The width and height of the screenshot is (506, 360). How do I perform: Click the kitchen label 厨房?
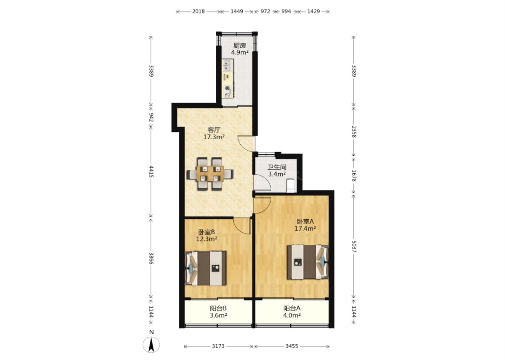pyautogui.click(x=239, y=46)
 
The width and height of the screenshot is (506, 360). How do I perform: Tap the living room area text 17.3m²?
pyautogui.click(x=214, y=137)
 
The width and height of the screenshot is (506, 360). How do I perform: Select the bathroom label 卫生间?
pyautogui.click(x=277, y=167)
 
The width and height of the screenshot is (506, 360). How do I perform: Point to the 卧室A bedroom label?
pyautogui.click(x=305, y=221)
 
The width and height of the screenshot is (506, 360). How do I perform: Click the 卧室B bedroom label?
pyautogui.click(x=207, y=232)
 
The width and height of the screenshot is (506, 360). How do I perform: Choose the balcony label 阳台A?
pyautogui.click(x=292, y=308)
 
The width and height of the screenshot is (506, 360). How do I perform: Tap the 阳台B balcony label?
pyautogui.click(x=218, y=308)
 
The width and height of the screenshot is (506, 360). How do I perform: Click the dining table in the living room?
pyautogui.click(x=210, y=174)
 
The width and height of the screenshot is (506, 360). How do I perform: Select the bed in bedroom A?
pyautogui.click(x=308, y=262)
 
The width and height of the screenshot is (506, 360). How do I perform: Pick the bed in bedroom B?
pyautogui.click(x=206, y=268)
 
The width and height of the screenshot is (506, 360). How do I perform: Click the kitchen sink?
pyautogui.click(x=228, y=65)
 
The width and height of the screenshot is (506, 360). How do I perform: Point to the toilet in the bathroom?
pyautogui.click(x=291, y=185)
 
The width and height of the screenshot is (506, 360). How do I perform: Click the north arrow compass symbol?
pyautogui.click(x=151, y=345)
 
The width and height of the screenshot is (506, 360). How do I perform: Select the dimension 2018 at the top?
pyautogui.click(x=198, y=11)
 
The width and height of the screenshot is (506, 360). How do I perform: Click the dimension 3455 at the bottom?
pyautogui.click(x=292, y=346)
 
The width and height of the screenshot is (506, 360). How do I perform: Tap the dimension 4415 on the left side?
pyautogui.click(x=151, y=172)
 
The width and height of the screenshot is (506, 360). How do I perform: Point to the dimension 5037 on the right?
pyautogui.click(x=354, y=246)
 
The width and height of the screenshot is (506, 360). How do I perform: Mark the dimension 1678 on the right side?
pyautogui.click(x=354, y=175)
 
